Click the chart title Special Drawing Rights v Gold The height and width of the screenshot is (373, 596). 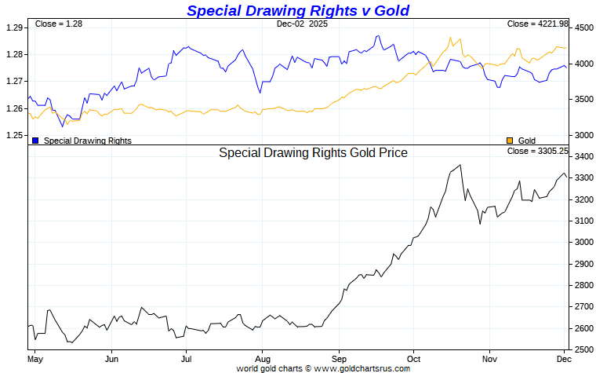297,10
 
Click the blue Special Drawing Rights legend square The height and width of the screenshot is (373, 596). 35,141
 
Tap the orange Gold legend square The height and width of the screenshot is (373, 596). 510,141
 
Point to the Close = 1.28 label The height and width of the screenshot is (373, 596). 59,24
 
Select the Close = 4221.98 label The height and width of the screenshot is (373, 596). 537,24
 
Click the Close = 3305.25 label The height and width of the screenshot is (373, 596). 537,151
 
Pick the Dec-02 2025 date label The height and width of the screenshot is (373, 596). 303,24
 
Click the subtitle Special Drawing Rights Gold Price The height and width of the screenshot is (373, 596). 313,153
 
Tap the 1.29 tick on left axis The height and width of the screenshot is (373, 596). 13,27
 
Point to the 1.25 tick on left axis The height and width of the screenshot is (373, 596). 13,136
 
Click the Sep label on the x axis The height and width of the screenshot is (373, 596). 339,358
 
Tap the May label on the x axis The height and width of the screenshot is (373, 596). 34,358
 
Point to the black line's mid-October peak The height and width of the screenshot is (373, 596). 460,165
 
